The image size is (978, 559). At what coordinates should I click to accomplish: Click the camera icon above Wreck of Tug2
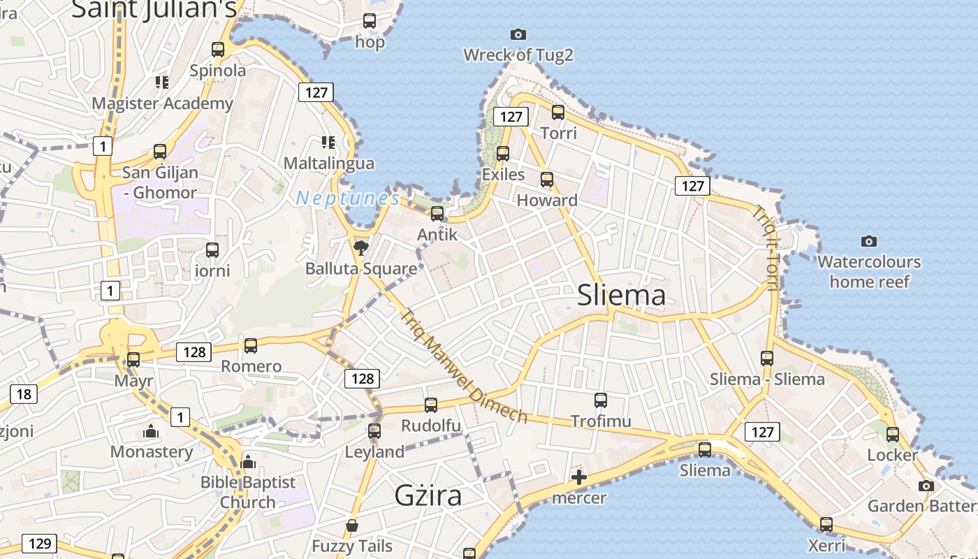(x=518, y=34)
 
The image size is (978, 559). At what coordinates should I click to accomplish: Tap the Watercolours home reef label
(x=869, y=272)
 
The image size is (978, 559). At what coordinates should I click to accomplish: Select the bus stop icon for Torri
(x=557, y=112)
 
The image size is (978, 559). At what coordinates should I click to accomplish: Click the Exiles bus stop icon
(x=503, y=154)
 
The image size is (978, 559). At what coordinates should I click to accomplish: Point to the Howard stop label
(x=547, y=201)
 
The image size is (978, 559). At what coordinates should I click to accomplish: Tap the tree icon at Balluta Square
(x=360, y=247)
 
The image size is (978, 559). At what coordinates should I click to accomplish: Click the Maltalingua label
(x=328, y=164)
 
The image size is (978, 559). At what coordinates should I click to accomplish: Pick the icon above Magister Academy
(x=162, y=82)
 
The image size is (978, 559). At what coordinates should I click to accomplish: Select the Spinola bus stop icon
(x=218, y=50)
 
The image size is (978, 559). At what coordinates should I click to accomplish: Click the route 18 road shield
(x=24, y=394)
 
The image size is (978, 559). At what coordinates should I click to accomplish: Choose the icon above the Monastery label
(x=150, y=432)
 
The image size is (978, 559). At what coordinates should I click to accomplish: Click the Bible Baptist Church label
(x=248, y=492)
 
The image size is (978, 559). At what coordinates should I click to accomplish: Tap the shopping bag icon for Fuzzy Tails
(x=352, y=525)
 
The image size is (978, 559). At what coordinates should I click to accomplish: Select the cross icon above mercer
(x=578, y=478)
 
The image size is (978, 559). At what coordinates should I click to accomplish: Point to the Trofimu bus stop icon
(x=601, y=400)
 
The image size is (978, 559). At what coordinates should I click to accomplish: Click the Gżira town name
(x=428, y=495)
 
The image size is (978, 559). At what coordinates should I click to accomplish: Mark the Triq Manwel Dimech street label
(x=463, y=365)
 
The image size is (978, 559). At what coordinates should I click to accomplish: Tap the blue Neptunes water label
(x=347, y=198)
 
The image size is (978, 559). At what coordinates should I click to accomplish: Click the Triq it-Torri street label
(x=766, y=247)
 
